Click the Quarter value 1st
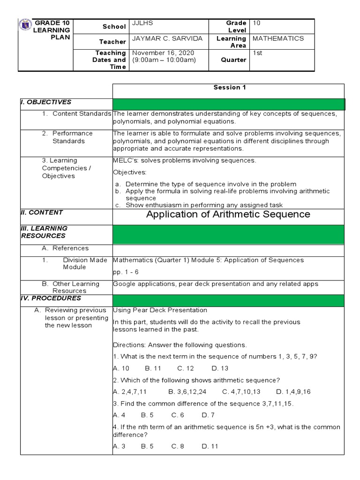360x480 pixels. pos(257,52)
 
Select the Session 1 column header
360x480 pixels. pos(229,87)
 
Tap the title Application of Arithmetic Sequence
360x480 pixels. pos(228,214)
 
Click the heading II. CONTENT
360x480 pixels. pos(42,212)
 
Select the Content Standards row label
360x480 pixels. pos(82,113)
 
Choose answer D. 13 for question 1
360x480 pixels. pos(220,368)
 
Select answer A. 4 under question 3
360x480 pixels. pos(119,415)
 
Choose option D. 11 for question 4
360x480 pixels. pos(210,446)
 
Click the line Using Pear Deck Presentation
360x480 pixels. pos(160,310)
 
